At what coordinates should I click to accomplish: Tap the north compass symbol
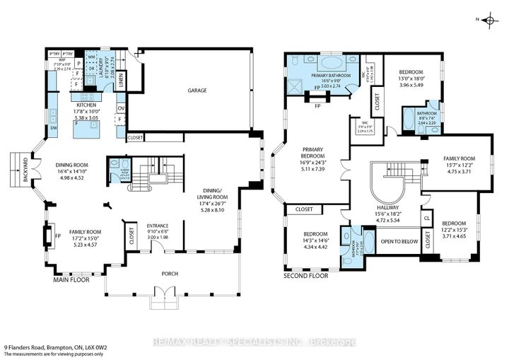click(x=488, y=21)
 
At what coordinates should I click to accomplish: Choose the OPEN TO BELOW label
click(x=399, y=241)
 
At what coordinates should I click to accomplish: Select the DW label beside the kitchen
click(x=54, y=129)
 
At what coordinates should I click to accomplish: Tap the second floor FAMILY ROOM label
click(x=459, y=159)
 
